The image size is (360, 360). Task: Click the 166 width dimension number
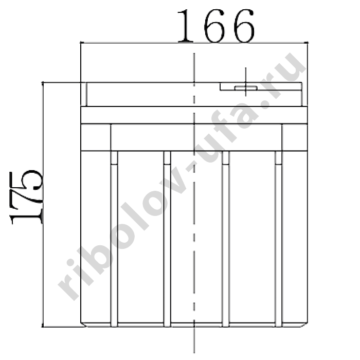click(216, 26)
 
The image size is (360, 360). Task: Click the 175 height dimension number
click(26, 197)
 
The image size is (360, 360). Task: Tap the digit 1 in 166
click(185, 26)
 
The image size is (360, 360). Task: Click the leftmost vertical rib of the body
click(114, 239)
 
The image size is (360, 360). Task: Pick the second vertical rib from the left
click(167, 239)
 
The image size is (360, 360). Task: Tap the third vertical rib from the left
click(226, 239)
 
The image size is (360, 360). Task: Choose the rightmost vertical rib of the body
click(279, 239)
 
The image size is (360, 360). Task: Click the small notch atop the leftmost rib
click(114, 158)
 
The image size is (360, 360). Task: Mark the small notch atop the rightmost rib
click(279, 158)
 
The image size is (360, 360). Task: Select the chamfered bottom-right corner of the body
click(304, 325)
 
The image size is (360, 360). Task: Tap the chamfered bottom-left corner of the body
click(84, 325)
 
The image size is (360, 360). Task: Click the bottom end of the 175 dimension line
click(43, 327)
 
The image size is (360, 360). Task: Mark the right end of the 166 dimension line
click(308, 43)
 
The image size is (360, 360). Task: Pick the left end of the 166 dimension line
click(81, 43)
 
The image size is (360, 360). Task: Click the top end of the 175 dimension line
click(43, 82)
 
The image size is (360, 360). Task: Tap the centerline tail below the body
click(194, 340)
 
